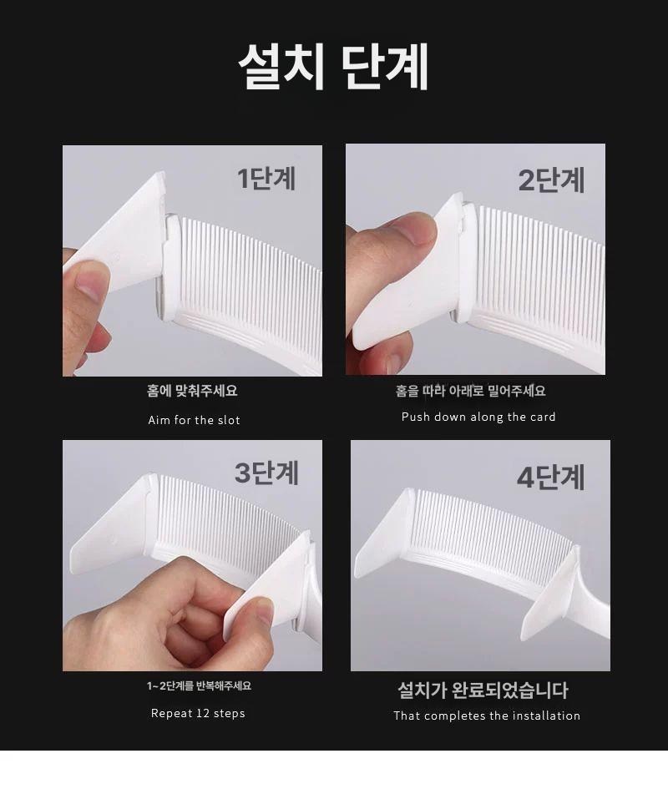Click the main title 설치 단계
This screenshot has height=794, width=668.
[x=334, y=66]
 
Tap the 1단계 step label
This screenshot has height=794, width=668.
[x=266, y=178]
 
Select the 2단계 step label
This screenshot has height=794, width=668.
[x=551, y=180]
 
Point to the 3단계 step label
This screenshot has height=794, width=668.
[x=266, y=473]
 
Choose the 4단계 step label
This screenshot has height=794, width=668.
[x=550, y=477]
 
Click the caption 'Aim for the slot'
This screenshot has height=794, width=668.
[x=194, y=420]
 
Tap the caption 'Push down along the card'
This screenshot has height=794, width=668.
[x=478, y=417]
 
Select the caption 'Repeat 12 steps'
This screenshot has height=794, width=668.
[x=198, y=714]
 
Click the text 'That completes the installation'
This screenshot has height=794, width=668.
[x=487, y=716]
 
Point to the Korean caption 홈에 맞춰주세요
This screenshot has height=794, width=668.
[x=192, y=391]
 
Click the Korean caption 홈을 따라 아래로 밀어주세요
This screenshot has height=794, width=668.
[x=470, y=391]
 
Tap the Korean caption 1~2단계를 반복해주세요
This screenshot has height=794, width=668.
[x=199, y=686]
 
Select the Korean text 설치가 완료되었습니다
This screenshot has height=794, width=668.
[x=483, y=690]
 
